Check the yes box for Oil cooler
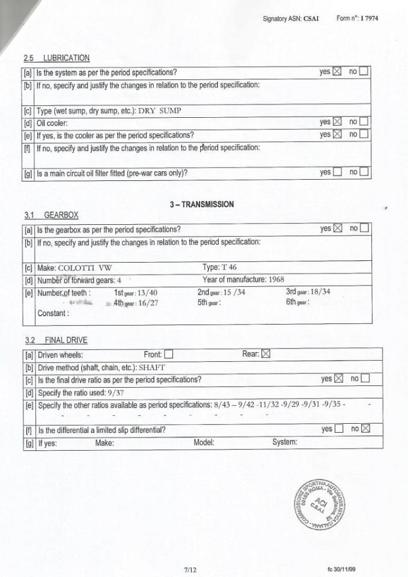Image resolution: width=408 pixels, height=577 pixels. pyautogui.click(x=336, y=122)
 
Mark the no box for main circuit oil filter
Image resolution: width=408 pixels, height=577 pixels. pyautogui.click(x=364, y=172)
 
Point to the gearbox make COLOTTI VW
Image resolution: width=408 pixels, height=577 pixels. pyautogui.click(x=85, y=268)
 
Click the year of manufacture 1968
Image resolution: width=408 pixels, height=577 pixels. pyautogui.click(x=277, y=279)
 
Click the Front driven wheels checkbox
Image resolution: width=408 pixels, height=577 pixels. pyautogui.click(x=168, y=354)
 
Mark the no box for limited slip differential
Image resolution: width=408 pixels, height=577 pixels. pyautogui.click(x=365, y=429)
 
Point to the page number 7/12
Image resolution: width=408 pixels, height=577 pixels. pyautogui.click(x=190, y=569)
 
